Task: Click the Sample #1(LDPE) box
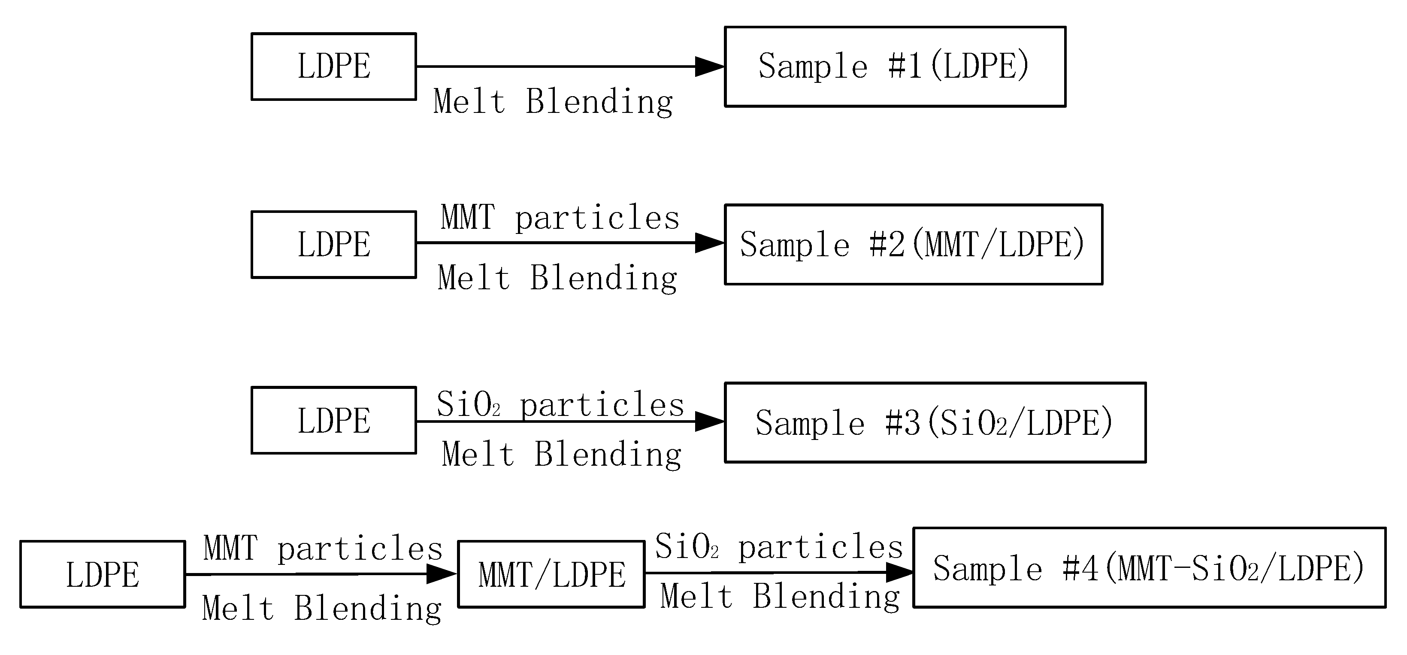point(895,67)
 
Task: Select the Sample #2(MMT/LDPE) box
point(913,244)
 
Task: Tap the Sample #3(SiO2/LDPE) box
point(935,422)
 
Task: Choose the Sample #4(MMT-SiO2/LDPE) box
point(1149,567)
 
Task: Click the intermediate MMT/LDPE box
point(551,574)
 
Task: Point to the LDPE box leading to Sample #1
point(334,67)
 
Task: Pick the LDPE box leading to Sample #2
point(334,244)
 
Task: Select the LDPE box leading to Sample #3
point(334,420)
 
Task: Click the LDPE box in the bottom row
point(103,574)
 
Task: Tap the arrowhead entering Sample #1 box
point(709,67)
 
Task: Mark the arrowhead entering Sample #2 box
point(709,243)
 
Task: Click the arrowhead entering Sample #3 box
point(709,421)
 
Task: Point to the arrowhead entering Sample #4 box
point(899,573)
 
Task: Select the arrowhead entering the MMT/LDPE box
point(441,573)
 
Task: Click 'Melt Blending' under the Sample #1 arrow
point(553,102)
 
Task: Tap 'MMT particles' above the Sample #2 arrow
point(560,218)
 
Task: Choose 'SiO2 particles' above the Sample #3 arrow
point(560,405)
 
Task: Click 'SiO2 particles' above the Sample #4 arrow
point(779,547)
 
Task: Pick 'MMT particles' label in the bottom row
point(323,549)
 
